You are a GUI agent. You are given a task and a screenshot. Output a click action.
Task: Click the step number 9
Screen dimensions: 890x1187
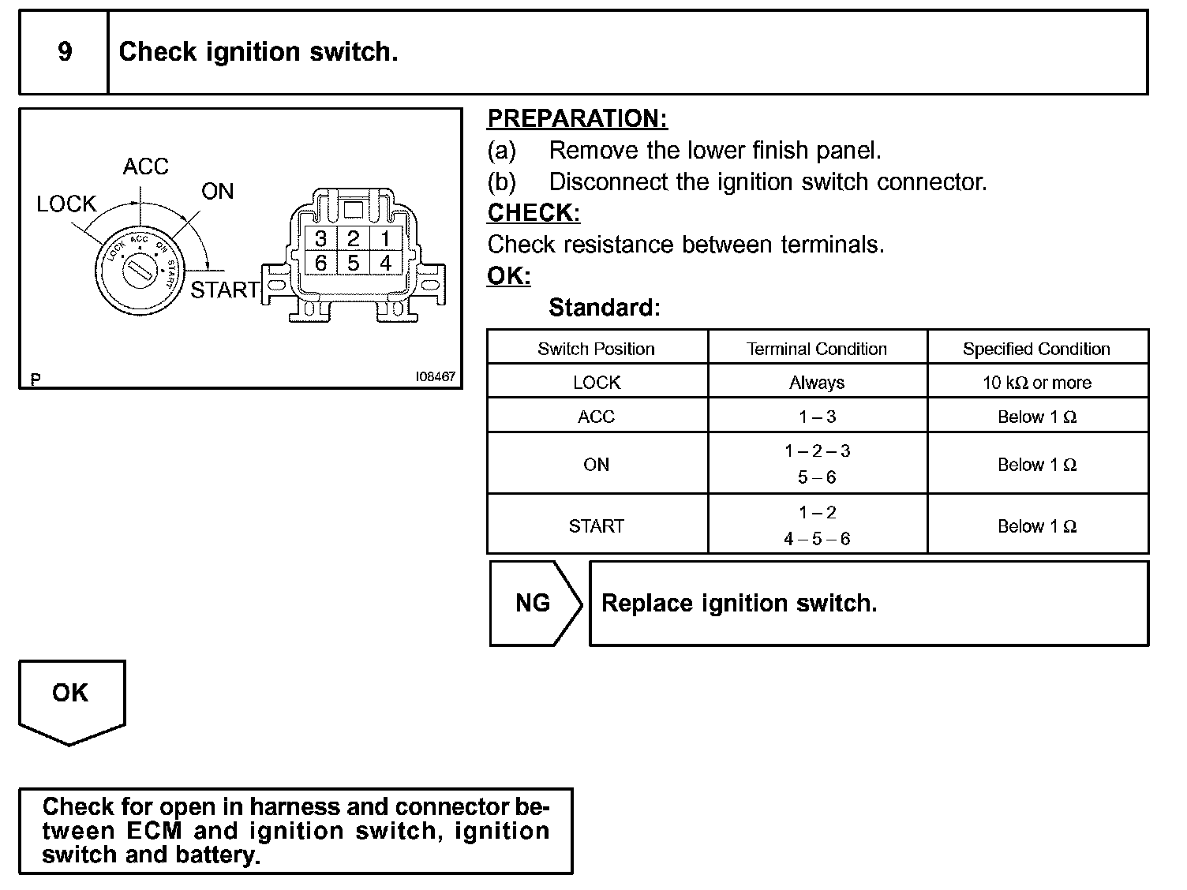pyautogui.click(x=65, y=52)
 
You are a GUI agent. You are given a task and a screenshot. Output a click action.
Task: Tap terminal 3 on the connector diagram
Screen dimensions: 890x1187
pyautogui.click(x=320, y=239)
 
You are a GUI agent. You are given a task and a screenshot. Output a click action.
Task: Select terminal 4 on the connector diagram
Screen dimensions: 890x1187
pyautogui.click(x=385, y=263)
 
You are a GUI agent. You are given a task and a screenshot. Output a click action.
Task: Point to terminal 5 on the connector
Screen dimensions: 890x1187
pyautogui.click(x=353, y=263)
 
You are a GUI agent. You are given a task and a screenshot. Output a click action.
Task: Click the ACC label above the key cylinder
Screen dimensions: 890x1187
pyautogui.click(x=146, y=166)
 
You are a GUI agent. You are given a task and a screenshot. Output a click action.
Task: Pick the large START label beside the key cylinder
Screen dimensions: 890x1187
pyautogui.click(x=225, y=290)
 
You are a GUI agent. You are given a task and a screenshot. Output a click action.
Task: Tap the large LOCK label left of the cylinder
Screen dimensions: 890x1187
pyautogui.click(x=66, y=204)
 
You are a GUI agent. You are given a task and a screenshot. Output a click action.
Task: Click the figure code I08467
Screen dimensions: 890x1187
pyautogui.click(x=436, y=377)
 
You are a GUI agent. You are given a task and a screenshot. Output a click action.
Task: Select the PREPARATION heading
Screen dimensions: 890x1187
pyautogui.click(x=577, y=118)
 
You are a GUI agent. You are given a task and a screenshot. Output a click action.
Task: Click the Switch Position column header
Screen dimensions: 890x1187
pyautogui.click(x=596, y=349)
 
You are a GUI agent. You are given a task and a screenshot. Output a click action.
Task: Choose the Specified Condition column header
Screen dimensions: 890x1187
pyautogui.click(x=1036, y=349)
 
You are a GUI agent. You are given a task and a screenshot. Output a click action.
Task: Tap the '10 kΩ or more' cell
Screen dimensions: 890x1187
pyautogui.click(x=1036, y=383)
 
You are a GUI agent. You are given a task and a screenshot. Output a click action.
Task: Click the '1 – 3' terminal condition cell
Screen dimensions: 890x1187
pyautogui.click(x=817, y=417)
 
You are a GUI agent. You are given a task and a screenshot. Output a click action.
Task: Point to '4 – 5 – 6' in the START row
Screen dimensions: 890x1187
pyautogui.click(x=817, y=539)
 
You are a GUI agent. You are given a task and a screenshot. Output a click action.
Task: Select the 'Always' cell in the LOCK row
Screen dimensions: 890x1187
pyautogui.click(x=817, y=383)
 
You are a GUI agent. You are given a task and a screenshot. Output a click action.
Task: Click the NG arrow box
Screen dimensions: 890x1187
pyautogui.click(x=534, y=604)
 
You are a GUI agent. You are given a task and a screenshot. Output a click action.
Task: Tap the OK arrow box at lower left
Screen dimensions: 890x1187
pyautogui.click(x=71, y=694)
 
